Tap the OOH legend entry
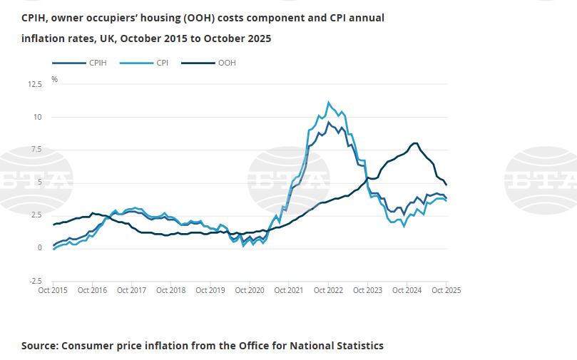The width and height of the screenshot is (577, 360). (x=227, y=63)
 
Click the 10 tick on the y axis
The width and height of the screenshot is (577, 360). (x=37, y=117)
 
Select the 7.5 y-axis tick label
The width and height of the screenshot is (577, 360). (x=36, y=150)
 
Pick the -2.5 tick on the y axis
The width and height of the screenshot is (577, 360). (x=35, y=281)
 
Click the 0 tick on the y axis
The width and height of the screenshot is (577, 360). (x=40, y=248)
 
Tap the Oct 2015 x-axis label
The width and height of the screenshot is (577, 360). (x=53, y=290)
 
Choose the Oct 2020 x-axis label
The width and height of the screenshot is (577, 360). (x=250, y=290)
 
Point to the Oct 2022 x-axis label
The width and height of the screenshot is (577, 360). (x=328, y=290)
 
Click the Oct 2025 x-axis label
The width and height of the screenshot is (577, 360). (x=445, y=290)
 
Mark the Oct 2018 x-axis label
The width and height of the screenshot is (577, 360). (x=171, y=290)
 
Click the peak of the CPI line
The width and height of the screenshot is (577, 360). (x=328, y=102)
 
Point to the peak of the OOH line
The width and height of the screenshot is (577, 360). (x=415, y=143)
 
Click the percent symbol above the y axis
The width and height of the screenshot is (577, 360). (x=54, y=79)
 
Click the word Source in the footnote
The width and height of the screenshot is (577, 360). (x=40, y=346)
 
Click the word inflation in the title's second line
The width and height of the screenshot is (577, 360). (x=44, y=38)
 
